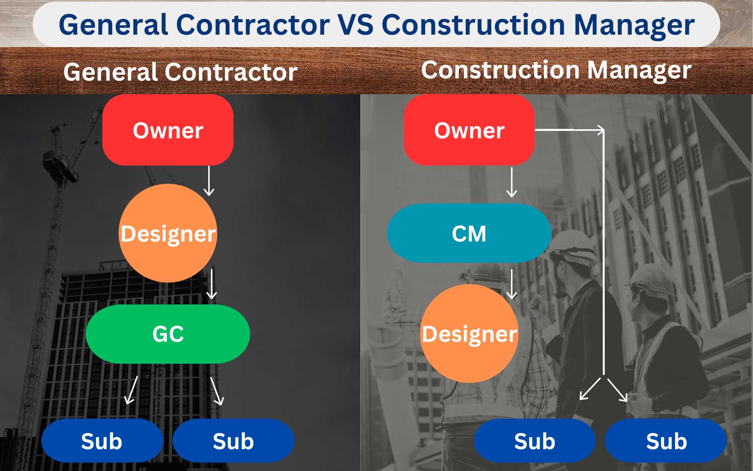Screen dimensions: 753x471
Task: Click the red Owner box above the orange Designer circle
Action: (x=168, y=130)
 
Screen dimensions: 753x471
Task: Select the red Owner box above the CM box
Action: (x=469, y=130)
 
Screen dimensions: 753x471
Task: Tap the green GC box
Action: (x=168, y=334)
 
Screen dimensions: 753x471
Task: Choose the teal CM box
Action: (x=469, y=233)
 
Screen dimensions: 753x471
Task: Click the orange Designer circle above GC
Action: (x=168, y=233)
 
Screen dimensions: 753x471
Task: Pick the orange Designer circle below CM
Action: (x=469, y=333)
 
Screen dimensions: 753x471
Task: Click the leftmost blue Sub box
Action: (x=102, y=440)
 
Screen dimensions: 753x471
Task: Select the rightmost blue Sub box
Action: (x=666, y=440)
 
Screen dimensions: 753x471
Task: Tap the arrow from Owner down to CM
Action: (x=512, y=182)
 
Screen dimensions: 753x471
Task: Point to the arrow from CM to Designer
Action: (x=512, y=284)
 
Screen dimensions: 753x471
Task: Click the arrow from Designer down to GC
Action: (x=212, y=284)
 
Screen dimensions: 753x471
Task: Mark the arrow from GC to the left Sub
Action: (x=131, y=390)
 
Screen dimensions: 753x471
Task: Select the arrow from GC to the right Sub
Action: (x=217, y=391)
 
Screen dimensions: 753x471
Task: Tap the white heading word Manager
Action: (x=639, y=70)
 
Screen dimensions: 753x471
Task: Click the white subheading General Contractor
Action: (x=180, y=72)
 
